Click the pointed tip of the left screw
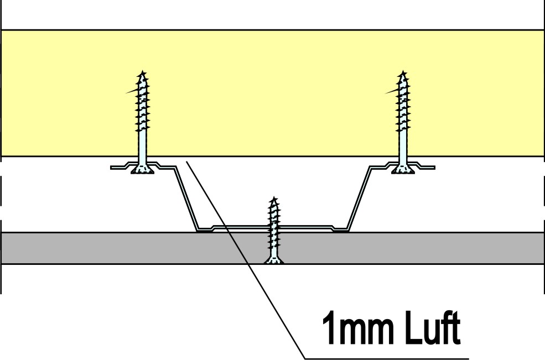(x=142, y=71)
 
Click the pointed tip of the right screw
(x=403, y=71)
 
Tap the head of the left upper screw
(x=142, y=169)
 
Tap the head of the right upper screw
(x=403, y=169)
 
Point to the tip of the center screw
(x=274, y=197)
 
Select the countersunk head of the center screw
(x=274, y=260)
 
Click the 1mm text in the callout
(x=361, y=328)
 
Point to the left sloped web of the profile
(x=186, y=198)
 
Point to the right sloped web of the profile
(x=359, y=198)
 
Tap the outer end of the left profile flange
(x=111, y=168)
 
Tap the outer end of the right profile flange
(x=434, y=168)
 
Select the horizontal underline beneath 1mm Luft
(x=387, y=358)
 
